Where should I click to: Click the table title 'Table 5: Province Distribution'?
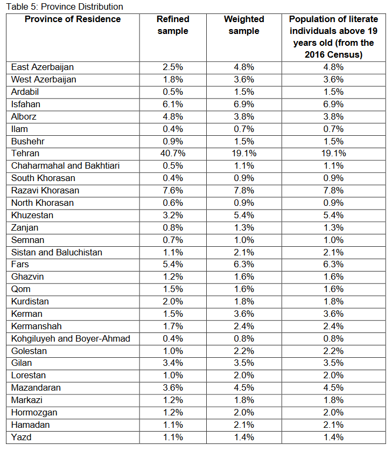[62, 7]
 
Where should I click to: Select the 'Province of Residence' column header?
[73, 19]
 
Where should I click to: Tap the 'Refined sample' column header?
[173, 25]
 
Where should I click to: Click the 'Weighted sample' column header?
[244, 25]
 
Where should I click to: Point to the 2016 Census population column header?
[333, 37]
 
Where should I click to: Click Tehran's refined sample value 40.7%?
[173, 154]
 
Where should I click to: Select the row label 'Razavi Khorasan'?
[45, 191]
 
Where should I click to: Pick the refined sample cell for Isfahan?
[173, 105]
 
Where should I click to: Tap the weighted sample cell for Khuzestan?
[244, 216]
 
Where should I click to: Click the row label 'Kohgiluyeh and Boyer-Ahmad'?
[71, 339]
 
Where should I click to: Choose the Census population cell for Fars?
[333, 265]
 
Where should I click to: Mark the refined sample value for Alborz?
[173, 117]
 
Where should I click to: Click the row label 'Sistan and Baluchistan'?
[57, 253]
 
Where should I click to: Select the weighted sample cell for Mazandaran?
[244, 388]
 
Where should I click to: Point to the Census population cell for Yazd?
[333, 438]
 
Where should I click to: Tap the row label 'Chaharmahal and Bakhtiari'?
[65, 166]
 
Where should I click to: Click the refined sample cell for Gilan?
[173, 363]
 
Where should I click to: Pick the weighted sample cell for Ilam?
[244, 129]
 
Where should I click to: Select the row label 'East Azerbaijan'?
[43, 67]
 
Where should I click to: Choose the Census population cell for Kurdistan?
[333, 302]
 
